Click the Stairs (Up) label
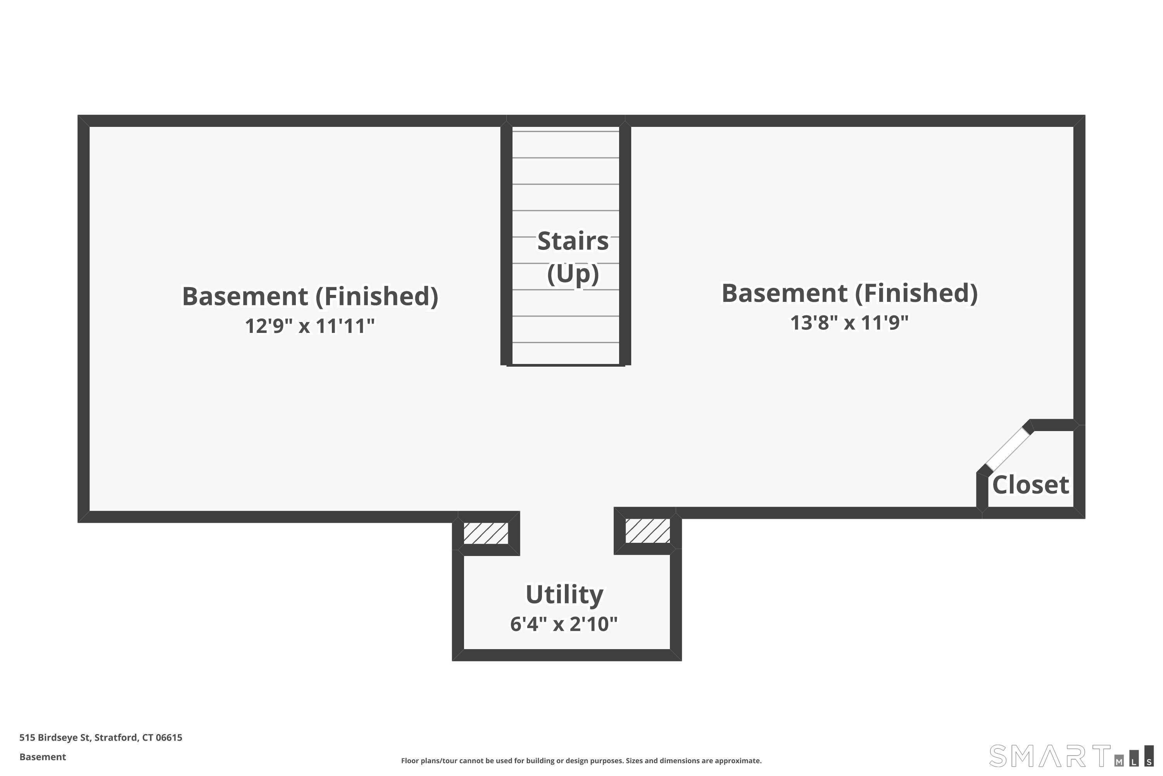coord(573,257)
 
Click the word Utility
coord(564,594)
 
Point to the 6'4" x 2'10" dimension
coord(564,624)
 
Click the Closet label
coord(1030,485)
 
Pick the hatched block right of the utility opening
coord(648,530)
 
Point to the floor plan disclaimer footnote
coord(581,760)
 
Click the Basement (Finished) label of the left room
coord(310,296)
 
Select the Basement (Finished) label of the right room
coord(849,293)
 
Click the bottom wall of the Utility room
coord(567,655)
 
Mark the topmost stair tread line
coord(566,132)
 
